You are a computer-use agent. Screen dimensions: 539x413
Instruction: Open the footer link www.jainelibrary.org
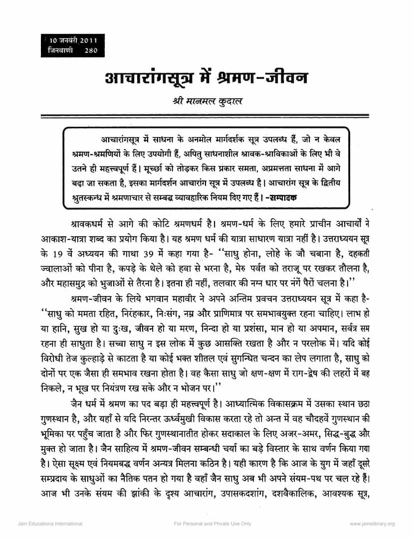(x=372, y=524)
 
